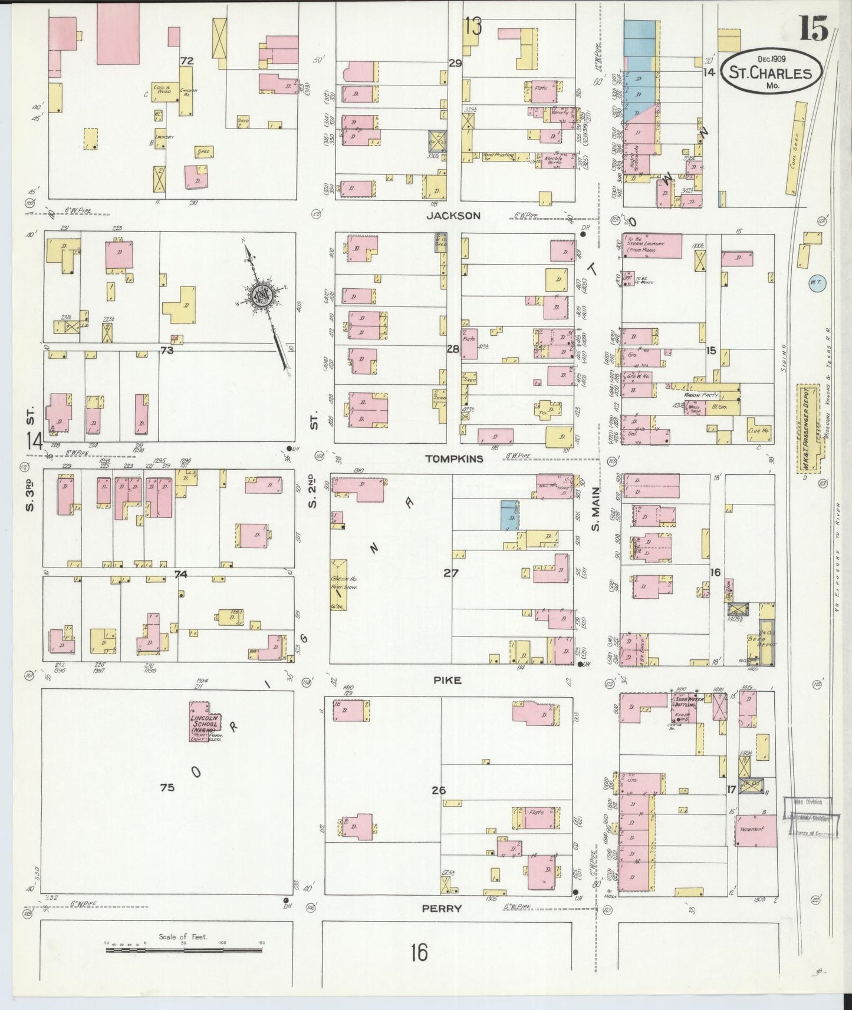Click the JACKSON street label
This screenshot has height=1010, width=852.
pyautogui.click(x=453, y=216)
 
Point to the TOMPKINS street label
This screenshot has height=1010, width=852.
pyautogui.click(x=454, y=458)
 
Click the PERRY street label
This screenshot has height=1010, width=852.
pyautogui.click(x=442, y=909)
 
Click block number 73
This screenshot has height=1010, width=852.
pyautogui.click(x=167, y=350)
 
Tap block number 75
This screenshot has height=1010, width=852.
pyautogui.click(x=167, y=787)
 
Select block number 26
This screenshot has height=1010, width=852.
pyautogui.click(x=438, y=790)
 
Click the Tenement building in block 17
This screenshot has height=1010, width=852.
pyautogui.click(x=755, y=831)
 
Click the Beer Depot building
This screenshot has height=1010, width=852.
pyautogui.click(x=767, y=641)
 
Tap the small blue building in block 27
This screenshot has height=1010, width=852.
pyautogui.click(x=509, y=515)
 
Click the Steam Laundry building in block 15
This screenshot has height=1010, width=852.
pyautogui.click(x=651, y=246)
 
